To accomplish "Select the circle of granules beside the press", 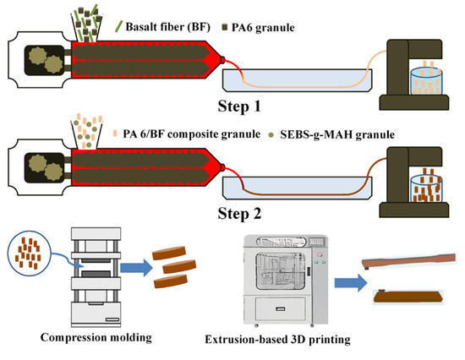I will click(30, 251).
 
